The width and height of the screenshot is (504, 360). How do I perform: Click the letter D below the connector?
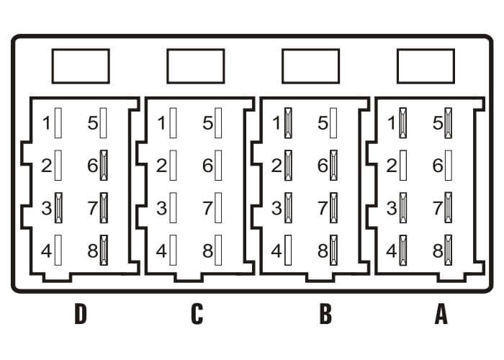(x=81, y=314)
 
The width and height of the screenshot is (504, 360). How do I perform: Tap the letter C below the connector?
(x=197, y=314)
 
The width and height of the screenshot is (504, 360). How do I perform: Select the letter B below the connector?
(x=325, y=314)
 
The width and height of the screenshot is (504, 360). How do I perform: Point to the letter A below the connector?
(x=441, y=314)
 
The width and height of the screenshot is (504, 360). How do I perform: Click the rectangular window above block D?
(x=81, y=66)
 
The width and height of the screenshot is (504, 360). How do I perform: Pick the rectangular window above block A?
(x=426, y=66)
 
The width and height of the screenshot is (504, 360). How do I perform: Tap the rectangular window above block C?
(x=196, y=66)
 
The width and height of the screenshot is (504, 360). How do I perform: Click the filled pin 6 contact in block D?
(x=104, y=165)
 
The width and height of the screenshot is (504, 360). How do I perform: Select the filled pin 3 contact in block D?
(x=58, y=207)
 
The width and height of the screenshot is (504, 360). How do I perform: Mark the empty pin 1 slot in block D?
(x=58, y=123)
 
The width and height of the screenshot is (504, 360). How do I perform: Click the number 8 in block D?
(x=93, y=251)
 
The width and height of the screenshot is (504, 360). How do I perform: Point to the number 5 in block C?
(x=207, y=123)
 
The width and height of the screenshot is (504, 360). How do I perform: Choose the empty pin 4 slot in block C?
(x=174, y=250)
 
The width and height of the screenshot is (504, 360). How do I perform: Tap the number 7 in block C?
(x=207, y=207)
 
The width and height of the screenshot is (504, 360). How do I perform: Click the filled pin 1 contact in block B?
(x=288, y=123)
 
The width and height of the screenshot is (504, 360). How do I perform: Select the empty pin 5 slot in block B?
(x=333, y=123)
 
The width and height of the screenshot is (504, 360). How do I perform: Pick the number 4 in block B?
(x=276, y=251)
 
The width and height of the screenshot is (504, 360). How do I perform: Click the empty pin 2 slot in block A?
(x=403, y=165)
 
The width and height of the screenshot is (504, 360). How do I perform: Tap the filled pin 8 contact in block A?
(x=449, y=250)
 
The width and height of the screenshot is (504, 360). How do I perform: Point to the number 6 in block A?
(x=438, y=165)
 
